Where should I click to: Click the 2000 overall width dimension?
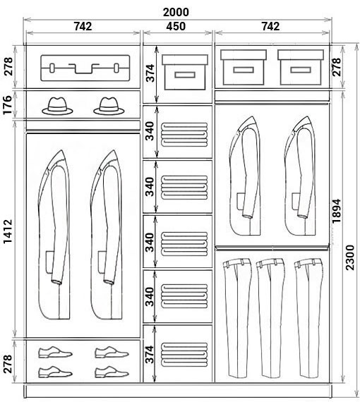(x=176, y=12)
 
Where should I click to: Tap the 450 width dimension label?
(x=176, y=26)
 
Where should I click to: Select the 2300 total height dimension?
(x=350, y=257)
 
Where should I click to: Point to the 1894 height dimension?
(x=336, y=211)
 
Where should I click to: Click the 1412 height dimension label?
(x=8, y=231)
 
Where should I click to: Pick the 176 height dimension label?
(x=8, y=105)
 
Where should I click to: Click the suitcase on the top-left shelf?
(x=85, y=68)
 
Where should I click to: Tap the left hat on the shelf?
(x=57, y=106)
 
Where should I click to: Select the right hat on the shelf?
(x=109, y=106)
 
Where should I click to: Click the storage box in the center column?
(x=185, y=73)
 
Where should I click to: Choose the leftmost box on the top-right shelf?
(x=244, y=68)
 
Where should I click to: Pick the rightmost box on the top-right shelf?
(x=301, y=68)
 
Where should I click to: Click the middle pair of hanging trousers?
(x=270, y=318)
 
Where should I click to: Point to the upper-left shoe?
(x=56, y=352)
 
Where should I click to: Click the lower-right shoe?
(x=112, y=372)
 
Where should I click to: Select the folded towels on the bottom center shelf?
(x=184, y=355)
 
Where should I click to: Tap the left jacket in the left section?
(x=54, y=235)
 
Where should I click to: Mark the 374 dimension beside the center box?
(x=151, y=73)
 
